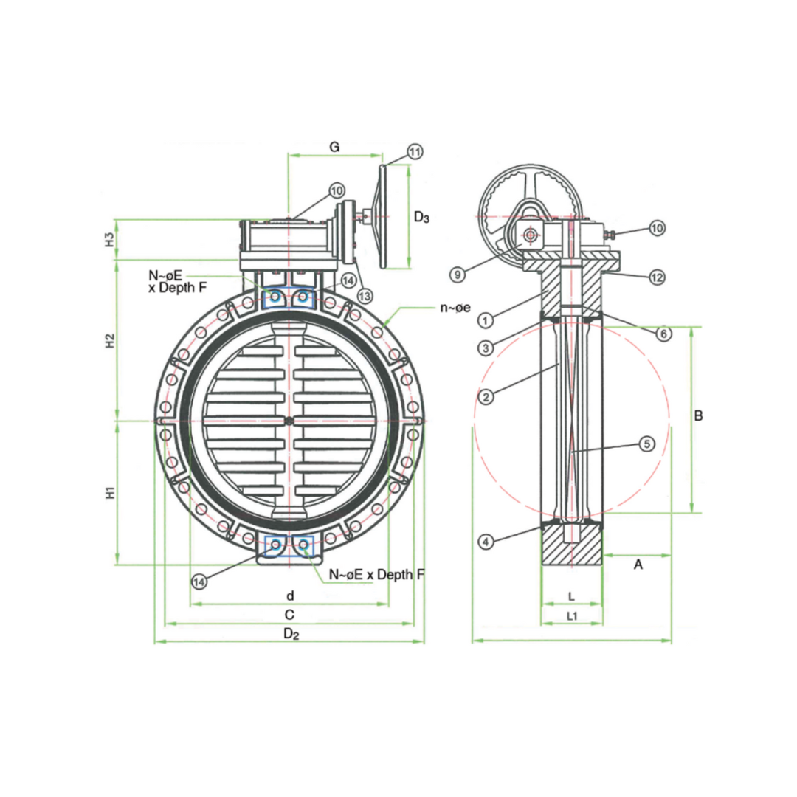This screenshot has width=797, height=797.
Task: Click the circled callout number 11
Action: tap(415, 152)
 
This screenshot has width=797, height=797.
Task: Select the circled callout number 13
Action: tap(365, 295)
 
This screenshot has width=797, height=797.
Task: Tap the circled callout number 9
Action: tap(458, 275)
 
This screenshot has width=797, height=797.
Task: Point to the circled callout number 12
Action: tap(657, 277)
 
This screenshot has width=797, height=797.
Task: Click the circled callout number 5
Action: tap(646, 444)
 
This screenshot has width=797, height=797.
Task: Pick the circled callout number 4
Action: tap(663, 334)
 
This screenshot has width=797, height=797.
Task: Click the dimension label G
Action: tap(334, 148)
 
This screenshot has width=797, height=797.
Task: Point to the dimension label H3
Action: tap(109, 239)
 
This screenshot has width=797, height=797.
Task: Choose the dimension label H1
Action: tap(109, 493)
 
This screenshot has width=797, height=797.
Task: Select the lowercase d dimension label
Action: tap(290, 595)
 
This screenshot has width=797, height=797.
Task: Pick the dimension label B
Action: tap(698, 416)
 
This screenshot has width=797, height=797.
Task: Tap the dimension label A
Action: tap(639, 565)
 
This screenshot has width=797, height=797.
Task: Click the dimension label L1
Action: tap(572, 615)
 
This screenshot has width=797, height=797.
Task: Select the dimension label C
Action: tap(290, 614)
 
